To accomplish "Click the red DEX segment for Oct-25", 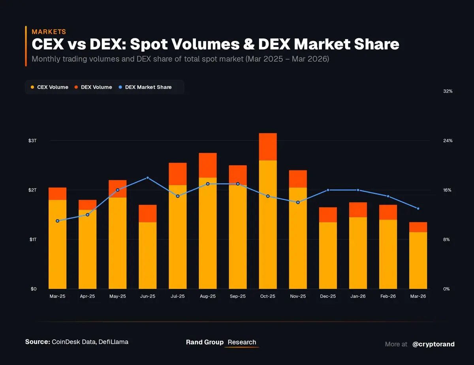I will tap(268, 147).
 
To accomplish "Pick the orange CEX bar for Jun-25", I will tap(148, 255).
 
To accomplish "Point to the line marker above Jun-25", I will tap(148, 178).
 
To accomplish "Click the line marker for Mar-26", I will tap(418, 209).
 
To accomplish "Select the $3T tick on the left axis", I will tap(33, 141).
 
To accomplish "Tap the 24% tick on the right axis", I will tap(448, 141).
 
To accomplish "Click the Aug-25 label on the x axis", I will tap(208, 296).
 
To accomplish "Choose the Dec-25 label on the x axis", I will tap(328, 296).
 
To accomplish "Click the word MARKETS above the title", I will tap(49, 32).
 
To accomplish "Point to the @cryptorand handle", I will tap(433, 344).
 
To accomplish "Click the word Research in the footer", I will tap(242, 342).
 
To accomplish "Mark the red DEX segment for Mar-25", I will tap(58, 194).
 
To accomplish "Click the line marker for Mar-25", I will tap(58, 221).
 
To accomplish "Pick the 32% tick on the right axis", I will tap(448, 91).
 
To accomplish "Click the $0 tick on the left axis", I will tap(34, 289).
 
